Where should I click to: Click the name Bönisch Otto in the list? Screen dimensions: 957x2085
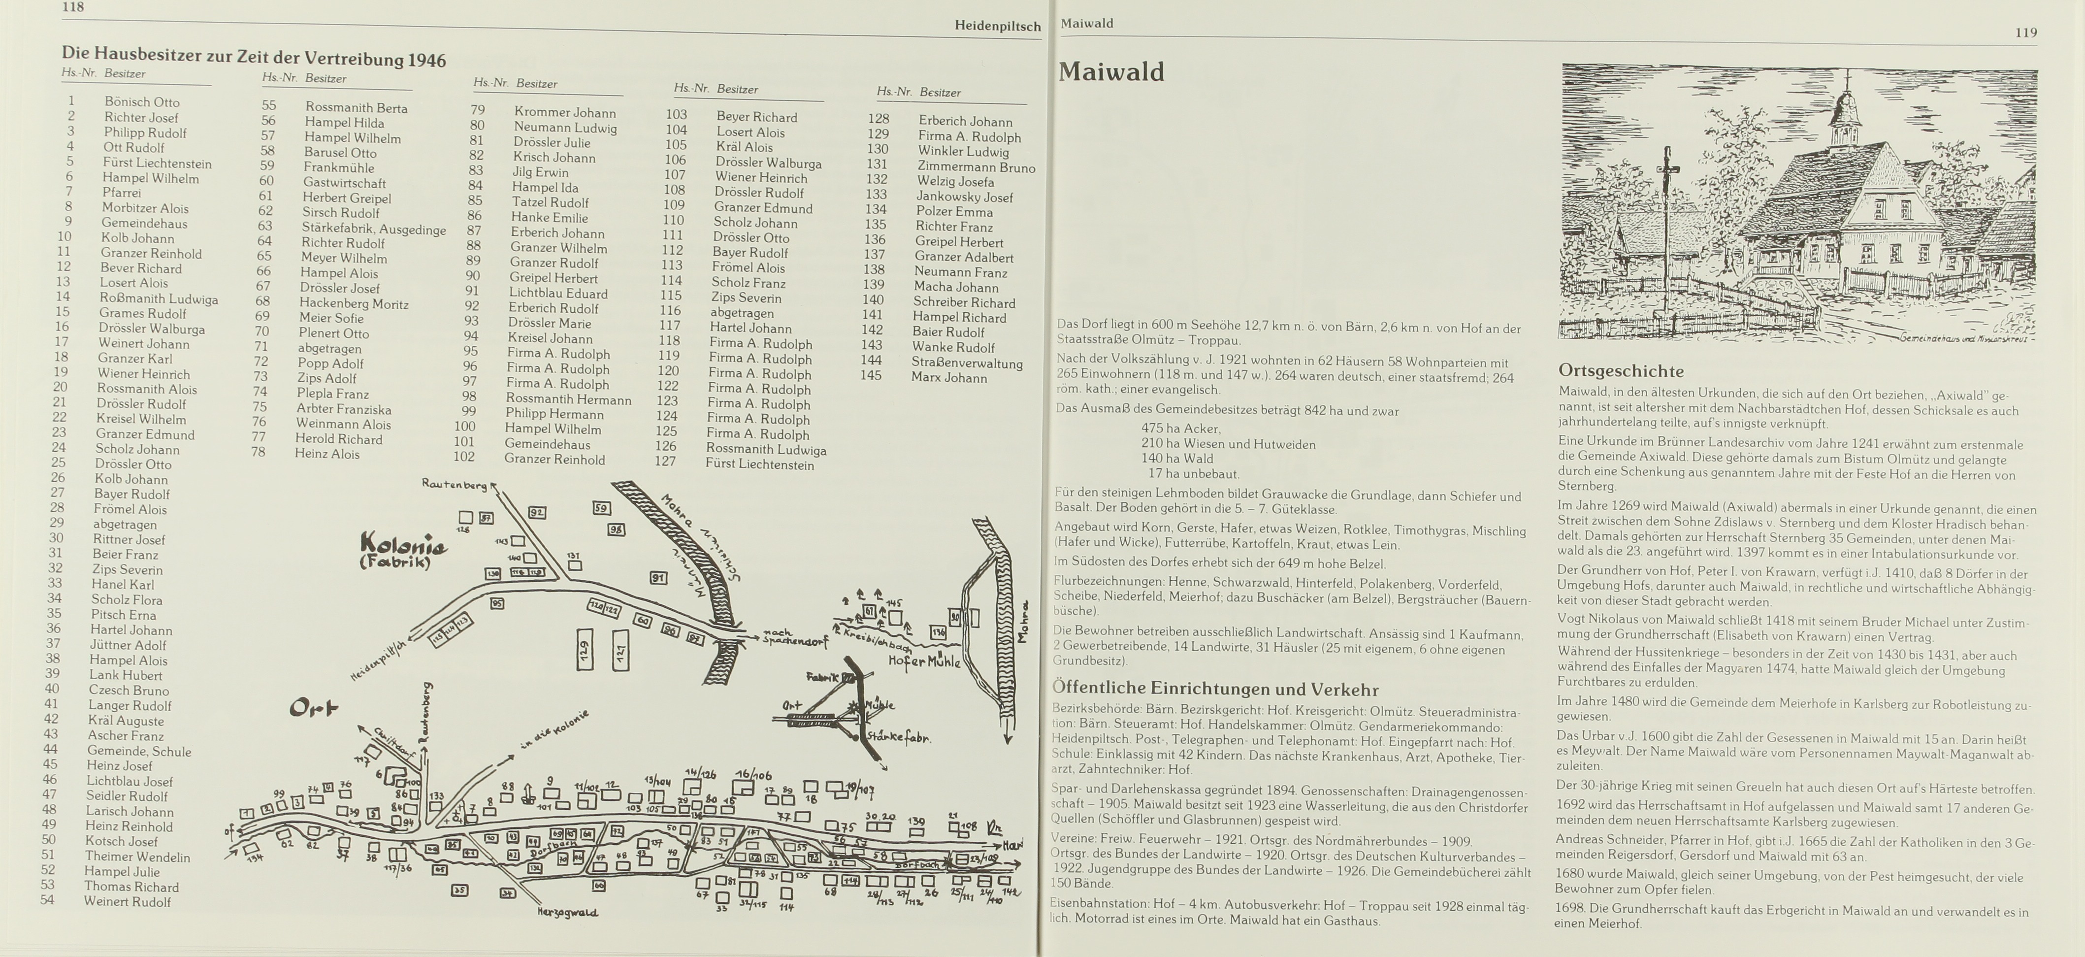point(142,102)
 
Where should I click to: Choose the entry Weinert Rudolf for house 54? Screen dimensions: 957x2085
point(127,901)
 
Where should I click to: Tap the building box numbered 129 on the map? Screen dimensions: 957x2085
point(585,649)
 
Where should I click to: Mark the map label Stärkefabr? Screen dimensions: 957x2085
point(898,738)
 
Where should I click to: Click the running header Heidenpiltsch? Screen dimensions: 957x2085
point(997,27)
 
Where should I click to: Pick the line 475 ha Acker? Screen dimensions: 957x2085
point(1180,429)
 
